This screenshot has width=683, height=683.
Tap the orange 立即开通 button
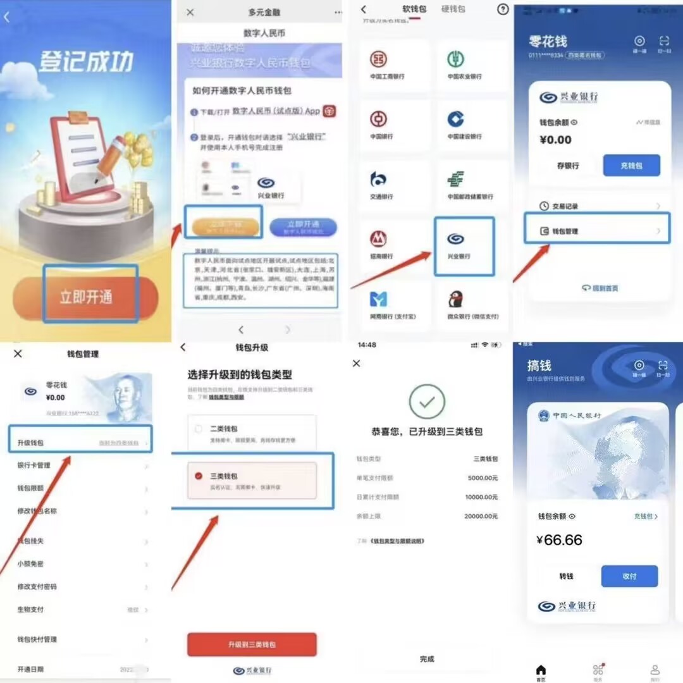point(85,297)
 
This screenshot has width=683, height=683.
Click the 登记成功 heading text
point(86,62)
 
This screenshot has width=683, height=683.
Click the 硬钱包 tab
point(453,9)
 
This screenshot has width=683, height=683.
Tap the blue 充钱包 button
point(631,166)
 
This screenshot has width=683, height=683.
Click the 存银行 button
point(567,166)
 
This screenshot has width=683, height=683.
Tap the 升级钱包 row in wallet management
point(81,443)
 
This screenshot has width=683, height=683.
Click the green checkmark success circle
point(427,401)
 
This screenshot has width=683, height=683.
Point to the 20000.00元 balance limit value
point(481,517)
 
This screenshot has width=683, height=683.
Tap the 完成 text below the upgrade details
point(427,659)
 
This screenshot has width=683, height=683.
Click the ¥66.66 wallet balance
point(559,540)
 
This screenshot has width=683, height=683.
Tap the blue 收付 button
point(629,576)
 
